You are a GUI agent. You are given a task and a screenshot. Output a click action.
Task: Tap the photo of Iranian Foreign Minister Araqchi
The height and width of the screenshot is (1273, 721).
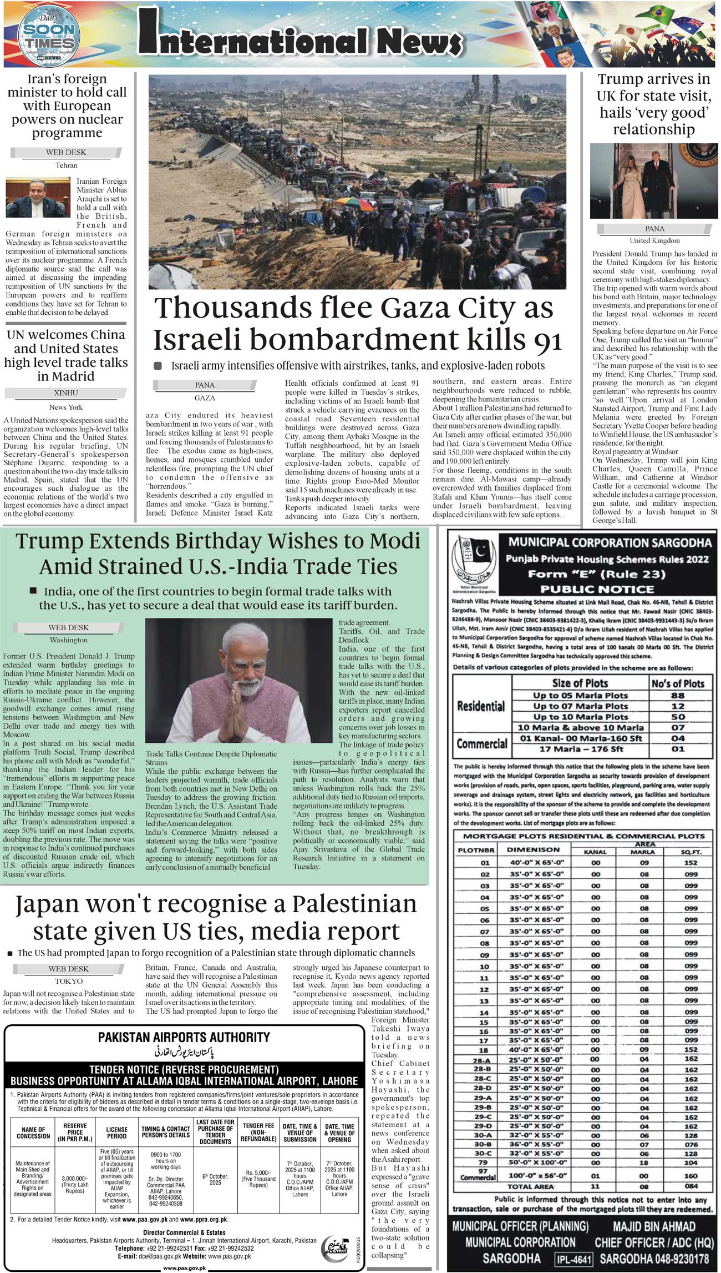click(38, 198)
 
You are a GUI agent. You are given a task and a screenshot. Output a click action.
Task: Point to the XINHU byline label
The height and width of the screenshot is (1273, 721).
click(65, 393)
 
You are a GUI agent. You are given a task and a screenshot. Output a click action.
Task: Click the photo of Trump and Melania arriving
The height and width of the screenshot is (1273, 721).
click(654, 180)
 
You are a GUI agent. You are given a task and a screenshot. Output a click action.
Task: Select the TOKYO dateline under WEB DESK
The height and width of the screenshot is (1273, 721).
click(68, 981)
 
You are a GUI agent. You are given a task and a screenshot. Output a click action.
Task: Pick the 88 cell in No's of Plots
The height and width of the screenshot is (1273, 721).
click(678, 695)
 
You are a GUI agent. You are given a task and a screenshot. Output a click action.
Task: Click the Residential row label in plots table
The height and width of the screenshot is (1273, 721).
click(481, 706)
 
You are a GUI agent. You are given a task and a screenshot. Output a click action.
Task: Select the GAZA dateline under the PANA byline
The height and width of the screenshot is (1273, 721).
click(205, 398)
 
